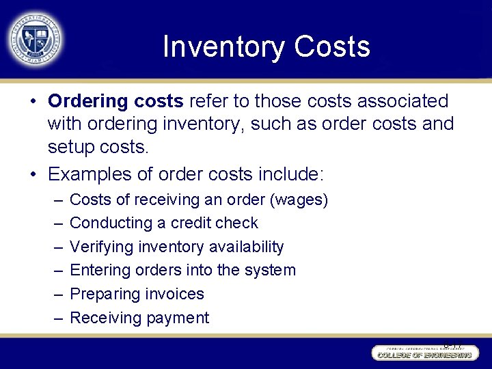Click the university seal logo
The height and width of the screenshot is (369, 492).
(x=35, y=38)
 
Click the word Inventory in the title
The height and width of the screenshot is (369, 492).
(x=223, y=47)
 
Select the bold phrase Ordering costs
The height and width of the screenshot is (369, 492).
(x=115, y=101)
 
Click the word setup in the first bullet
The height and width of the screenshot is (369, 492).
(x=78, y=148)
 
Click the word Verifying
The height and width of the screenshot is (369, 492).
(x=102, y=247)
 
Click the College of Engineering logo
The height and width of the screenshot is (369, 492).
(x=422, y=353)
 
